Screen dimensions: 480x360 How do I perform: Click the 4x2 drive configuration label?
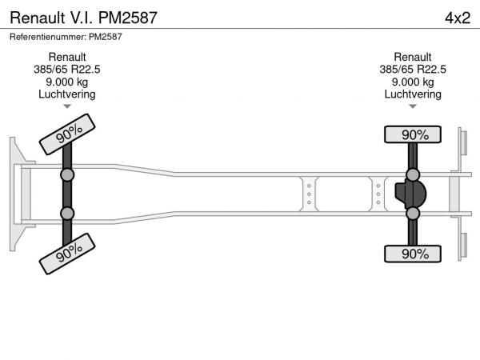click(x=458, y=18)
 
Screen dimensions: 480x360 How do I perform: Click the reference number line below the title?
click(x=66, y=37)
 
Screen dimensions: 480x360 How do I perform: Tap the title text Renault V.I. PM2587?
click(x=83, y=18)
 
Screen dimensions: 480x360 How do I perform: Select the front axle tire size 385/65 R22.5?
click(x=67, y=70)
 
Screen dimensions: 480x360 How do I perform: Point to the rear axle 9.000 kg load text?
click(x=413, y=82)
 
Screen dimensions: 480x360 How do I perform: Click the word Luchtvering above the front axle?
click(x=67, y=94)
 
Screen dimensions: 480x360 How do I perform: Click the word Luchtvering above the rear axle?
click(x=413, y=94)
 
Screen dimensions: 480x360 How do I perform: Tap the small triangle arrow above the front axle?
click(x=67, y=106)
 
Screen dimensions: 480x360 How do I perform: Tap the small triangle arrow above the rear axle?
click(x=413, y=106)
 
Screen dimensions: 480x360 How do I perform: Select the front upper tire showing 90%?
click(x=67, y=134)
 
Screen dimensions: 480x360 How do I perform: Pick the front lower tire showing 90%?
click(x=67, y=254)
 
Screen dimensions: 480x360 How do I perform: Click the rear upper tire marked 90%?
click(x=413, y=134)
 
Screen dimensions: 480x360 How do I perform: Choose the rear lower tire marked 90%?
click(x=413, y=254)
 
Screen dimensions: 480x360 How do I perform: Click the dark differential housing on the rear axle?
click(x=410, y=194)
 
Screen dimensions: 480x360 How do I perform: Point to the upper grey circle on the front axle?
click(x=67, y=175)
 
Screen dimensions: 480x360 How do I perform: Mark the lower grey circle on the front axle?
click(x=67, y=214)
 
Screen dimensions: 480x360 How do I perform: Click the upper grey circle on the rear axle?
click(x=413, y=175)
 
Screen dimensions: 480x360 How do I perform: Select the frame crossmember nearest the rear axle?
click(x=378, y=194)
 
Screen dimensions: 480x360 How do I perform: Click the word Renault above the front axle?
click(x=67, y=57)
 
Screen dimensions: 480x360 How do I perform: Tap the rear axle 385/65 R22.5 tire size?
click(x=413, y=70)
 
